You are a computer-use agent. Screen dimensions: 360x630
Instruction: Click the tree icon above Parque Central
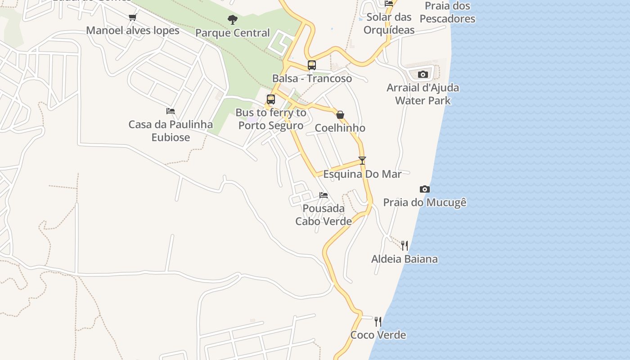[233, 19]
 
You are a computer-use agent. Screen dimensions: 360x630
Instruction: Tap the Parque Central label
[233, 33]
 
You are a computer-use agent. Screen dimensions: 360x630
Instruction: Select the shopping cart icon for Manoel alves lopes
[132, 18]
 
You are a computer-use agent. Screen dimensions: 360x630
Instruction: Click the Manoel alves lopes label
[133, 31]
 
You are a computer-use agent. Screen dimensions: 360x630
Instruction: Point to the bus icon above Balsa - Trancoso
[312, 65]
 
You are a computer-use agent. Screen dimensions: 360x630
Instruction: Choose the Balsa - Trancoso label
[312, 78]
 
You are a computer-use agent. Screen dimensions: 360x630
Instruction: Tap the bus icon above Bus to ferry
[271, 99]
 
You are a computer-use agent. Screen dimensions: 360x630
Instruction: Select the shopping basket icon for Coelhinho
[340, 115]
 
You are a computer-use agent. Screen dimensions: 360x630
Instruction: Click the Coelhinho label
[340, 128]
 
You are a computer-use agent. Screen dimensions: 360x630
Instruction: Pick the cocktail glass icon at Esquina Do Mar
[362, 161]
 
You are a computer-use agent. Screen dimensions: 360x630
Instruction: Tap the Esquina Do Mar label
[362, 174]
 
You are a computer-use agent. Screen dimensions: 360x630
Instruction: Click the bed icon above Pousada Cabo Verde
[324, 195]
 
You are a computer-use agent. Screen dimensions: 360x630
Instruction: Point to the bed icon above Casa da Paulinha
[171, 111]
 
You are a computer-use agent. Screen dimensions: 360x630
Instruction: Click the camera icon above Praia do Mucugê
[424, 189]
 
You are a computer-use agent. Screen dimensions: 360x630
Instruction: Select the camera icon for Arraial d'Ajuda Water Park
[423, 75]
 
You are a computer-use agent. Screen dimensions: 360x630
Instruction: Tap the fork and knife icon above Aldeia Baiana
[405, 245]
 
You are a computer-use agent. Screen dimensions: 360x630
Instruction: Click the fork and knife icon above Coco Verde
[378, 321]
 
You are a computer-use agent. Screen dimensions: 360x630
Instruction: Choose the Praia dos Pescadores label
[447, 12]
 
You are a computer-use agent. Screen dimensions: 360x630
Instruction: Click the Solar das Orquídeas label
[389, 23]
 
